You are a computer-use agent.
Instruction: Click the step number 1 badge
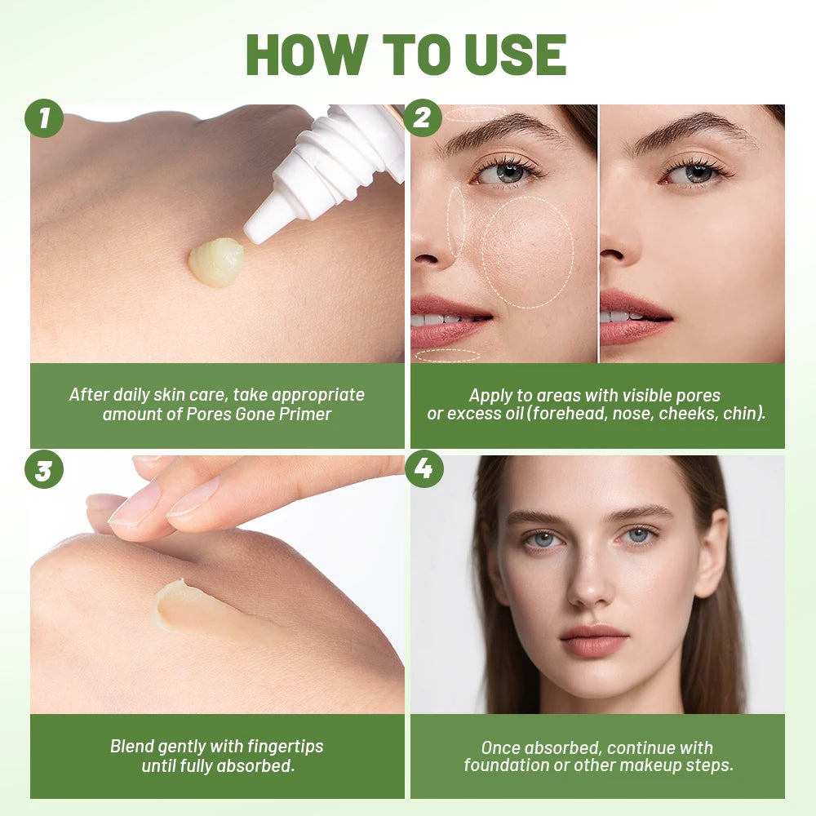pos(44,119)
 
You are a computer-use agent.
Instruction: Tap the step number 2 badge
pos(423,119)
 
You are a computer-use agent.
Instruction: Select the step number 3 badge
pos(44,470)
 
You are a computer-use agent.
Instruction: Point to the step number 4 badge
pos(423,470)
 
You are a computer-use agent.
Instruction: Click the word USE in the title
pos(516,55)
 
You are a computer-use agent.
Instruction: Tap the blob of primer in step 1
pos(216,261)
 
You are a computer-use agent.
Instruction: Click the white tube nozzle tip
pos(255,233)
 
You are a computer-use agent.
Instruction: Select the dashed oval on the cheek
pos(527,252)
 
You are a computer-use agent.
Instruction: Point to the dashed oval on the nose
pos(456,222)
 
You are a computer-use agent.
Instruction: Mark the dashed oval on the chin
pos(447,355)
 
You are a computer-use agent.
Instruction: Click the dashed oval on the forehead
pos(476,114)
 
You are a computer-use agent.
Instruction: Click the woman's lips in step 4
pos(592,641)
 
